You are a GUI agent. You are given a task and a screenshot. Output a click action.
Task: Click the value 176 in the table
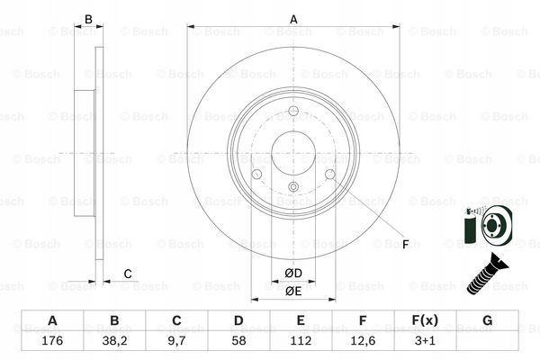(52, 341)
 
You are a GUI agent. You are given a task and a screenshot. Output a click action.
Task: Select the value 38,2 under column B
(114, 341)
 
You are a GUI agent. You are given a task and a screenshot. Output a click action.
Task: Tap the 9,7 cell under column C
(176, 341)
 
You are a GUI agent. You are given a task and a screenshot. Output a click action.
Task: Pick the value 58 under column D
(238, 341)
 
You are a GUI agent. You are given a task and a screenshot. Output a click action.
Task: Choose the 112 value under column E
(301, 341)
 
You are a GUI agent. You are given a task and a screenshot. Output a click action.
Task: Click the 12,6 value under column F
(363, 341)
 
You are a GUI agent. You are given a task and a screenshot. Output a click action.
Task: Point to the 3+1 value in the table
(425, 341)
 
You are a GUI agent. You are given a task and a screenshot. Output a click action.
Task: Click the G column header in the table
(487, 320)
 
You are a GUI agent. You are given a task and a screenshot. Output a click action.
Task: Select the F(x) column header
(425, 320)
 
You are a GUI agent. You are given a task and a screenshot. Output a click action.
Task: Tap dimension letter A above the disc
(293, 19)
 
